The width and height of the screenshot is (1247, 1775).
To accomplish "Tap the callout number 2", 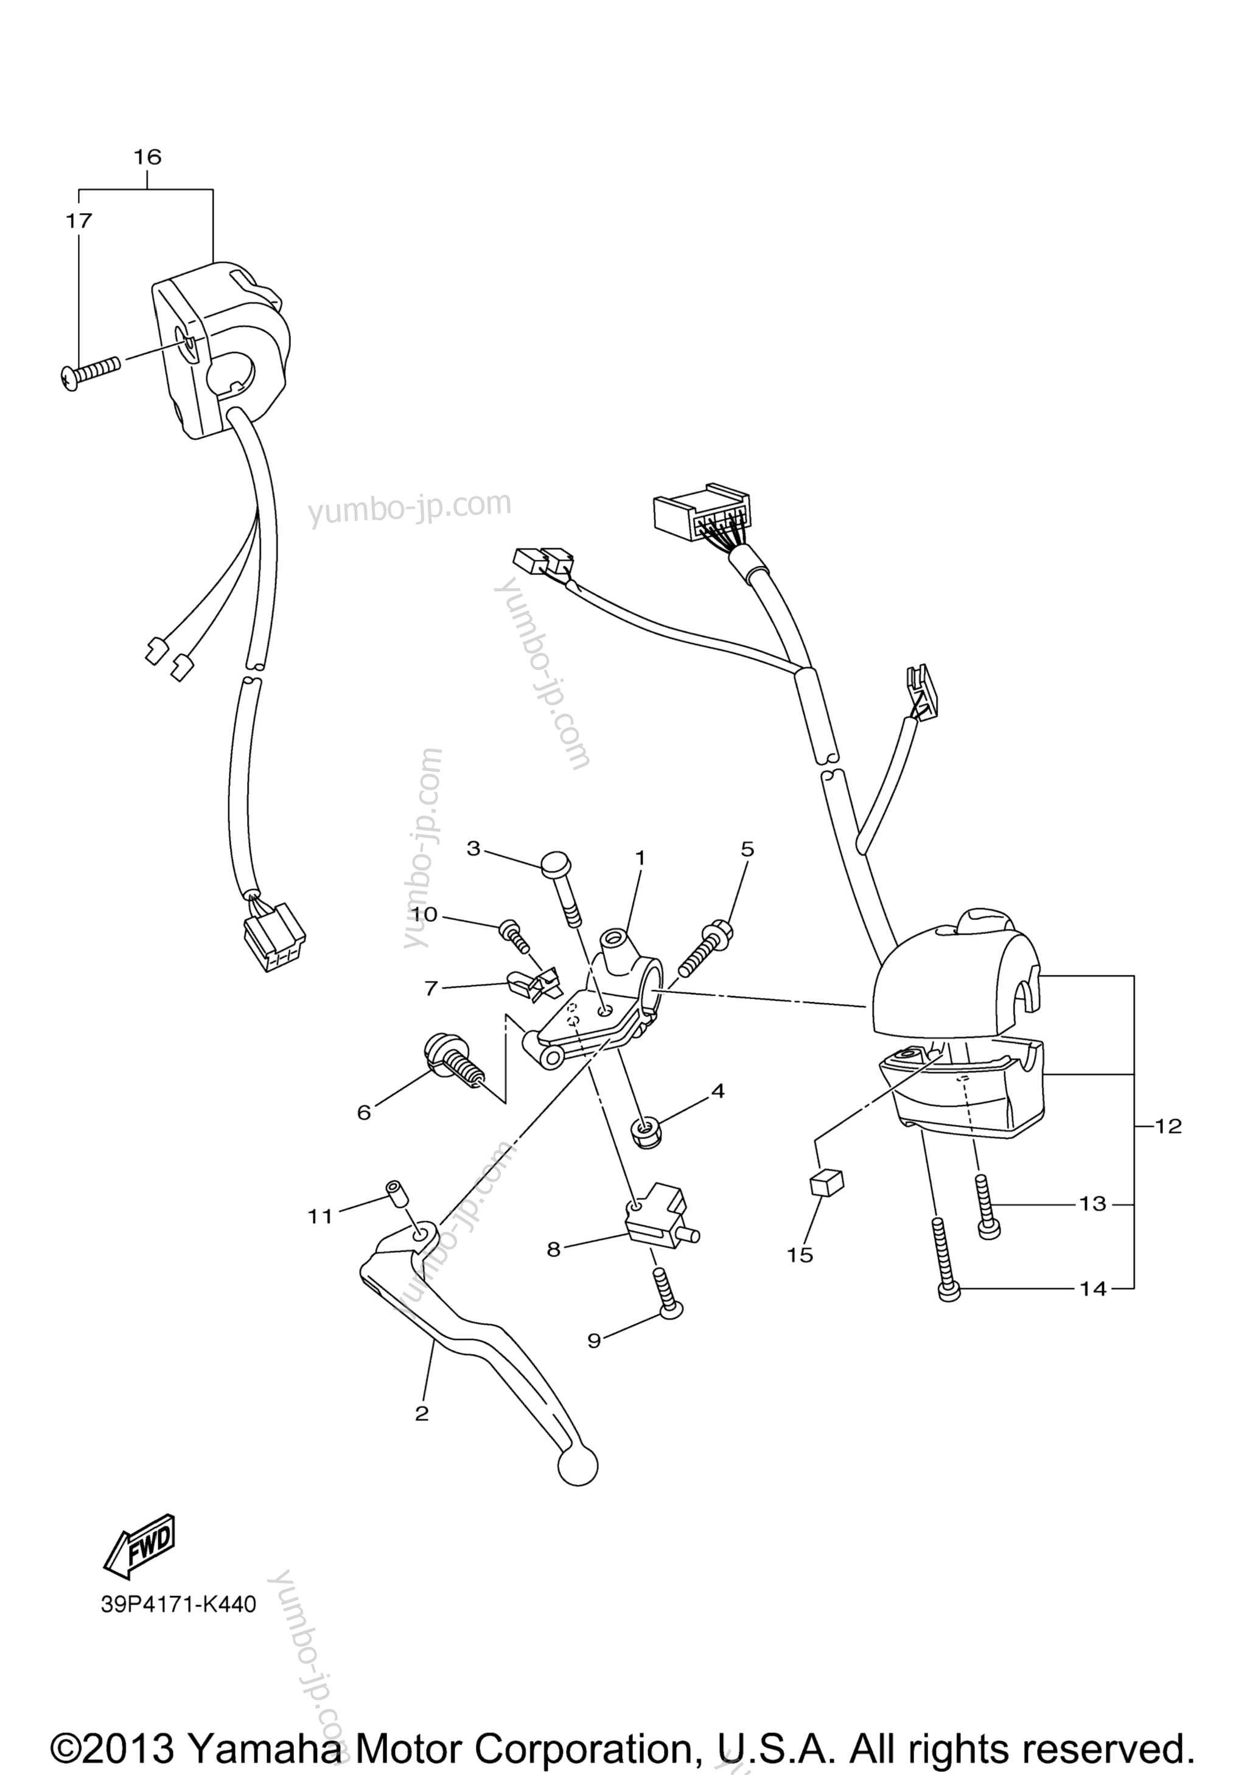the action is tap(421, 1413).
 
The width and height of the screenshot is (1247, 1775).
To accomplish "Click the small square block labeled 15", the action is tap(826, 1183).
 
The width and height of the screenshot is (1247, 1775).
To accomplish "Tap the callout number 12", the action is tap(1168, 1126).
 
